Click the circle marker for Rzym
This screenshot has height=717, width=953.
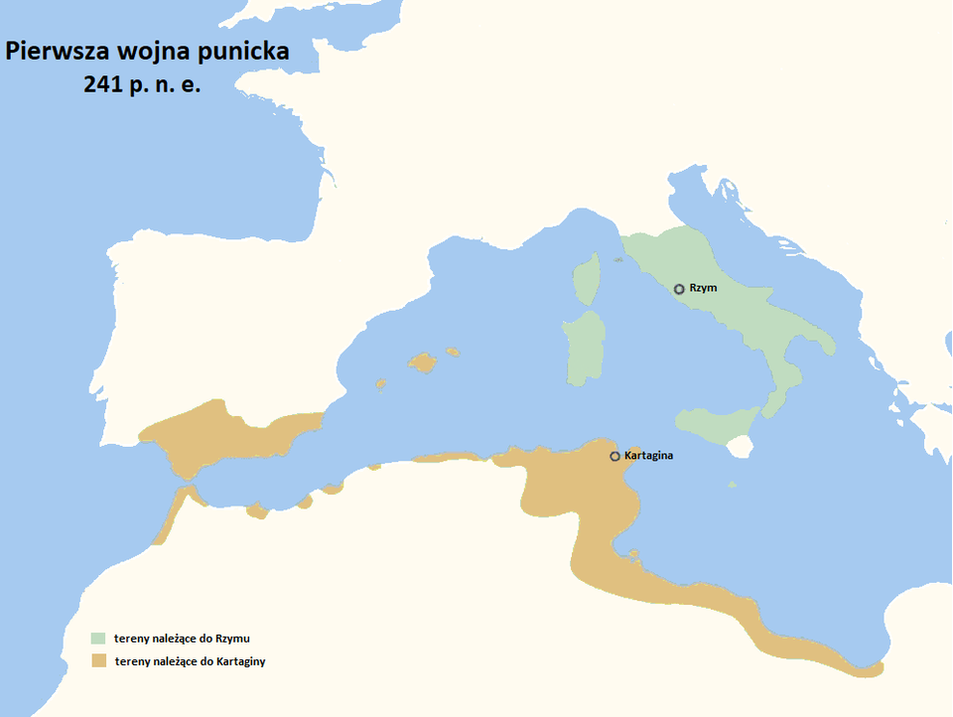click(x=679, y=289)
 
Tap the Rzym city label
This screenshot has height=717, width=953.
click(x=702, y=288)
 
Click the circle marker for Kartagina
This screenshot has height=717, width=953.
click(x=614, y=457)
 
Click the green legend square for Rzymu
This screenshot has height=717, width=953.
click(x=97, y=638)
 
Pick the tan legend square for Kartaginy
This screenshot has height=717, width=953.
click(x=97, y=660)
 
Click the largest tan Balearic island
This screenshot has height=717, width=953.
click(x=423, y=363)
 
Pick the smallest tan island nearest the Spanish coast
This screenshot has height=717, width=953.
click(x=379, y=383)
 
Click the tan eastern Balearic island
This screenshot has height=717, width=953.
click(x=453, y=352)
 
